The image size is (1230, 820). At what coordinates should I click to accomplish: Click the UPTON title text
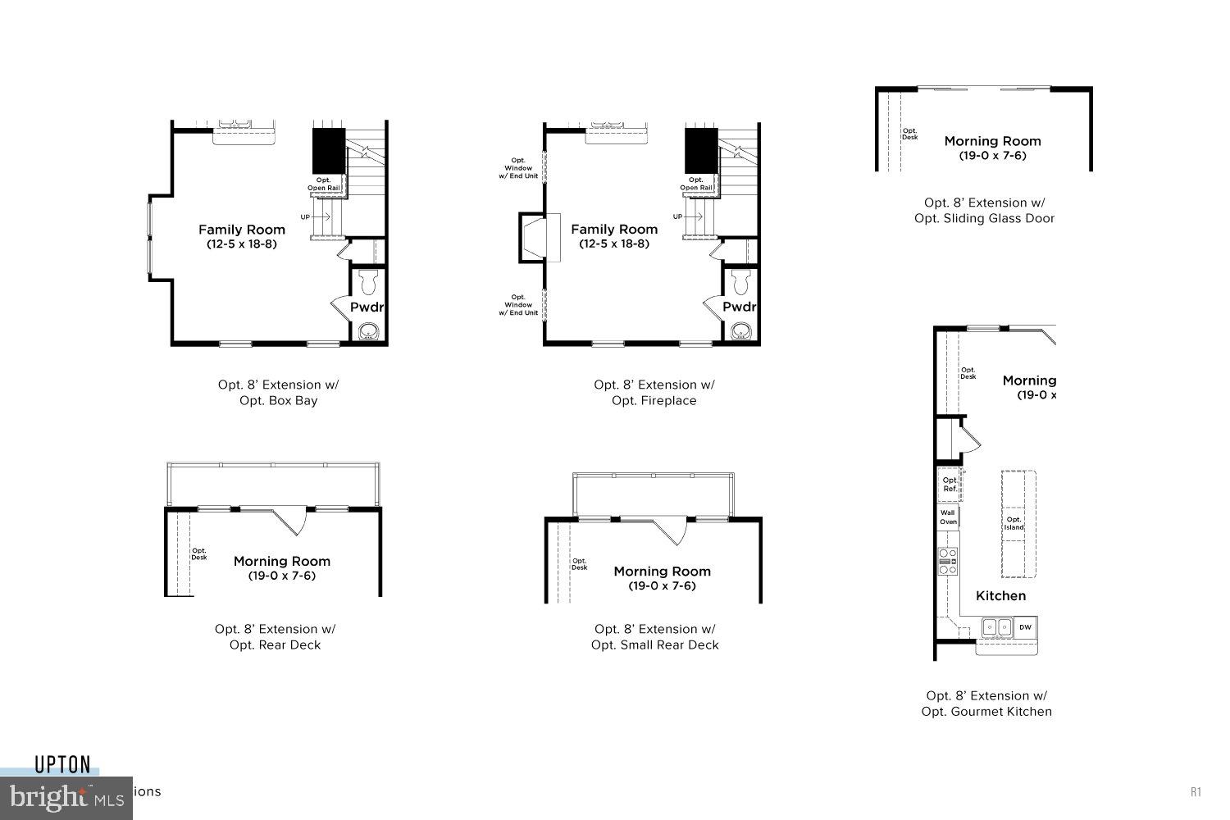point(62,765)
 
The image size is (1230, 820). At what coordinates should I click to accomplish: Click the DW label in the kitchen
point(1025,627)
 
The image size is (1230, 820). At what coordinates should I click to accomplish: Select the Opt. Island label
point(1014,523)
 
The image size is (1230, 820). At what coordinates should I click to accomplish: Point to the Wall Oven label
point(948,517)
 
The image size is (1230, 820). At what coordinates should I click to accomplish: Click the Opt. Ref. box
point(950,485)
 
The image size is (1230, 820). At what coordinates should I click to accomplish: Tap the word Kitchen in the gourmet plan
point(1000,596)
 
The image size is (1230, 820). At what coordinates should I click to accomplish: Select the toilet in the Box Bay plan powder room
point(367,282)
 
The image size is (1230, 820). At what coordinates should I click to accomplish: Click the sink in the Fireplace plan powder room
point(741,331)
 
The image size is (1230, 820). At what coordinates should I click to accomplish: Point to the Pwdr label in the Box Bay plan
point(367,307)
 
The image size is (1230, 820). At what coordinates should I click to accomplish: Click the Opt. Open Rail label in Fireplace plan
point(695,184)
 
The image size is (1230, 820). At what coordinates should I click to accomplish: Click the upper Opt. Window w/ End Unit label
point(518,168)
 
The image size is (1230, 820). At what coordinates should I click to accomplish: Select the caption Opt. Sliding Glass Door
point(984,218)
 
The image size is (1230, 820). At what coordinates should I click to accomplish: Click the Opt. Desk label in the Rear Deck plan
point(199,553)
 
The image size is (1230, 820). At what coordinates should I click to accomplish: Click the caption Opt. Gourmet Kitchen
point(986,712)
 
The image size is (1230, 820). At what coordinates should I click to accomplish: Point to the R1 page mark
point(1196,791)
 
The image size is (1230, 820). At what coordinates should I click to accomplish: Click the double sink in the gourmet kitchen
point(997,627)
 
